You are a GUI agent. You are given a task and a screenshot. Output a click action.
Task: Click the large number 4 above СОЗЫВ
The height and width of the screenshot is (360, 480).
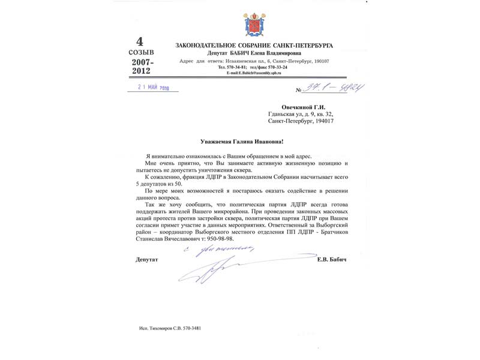click(x=140, y=41)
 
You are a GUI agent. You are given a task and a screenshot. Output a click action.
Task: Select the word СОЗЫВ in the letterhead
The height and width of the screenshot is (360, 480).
click(x=141, y=52)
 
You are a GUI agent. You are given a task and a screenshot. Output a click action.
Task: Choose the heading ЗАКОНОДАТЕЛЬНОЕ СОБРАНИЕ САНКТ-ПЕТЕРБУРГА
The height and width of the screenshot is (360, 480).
click(x=254, y=46)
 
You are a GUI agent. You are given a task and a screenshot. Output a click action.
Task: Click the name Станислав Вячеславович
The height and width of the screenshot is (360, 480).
click(x=170, y=238)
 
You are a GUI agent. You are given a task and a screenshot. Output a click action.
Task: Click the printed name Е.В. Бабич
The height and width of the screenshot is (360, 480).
click(x=332, y=260)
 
